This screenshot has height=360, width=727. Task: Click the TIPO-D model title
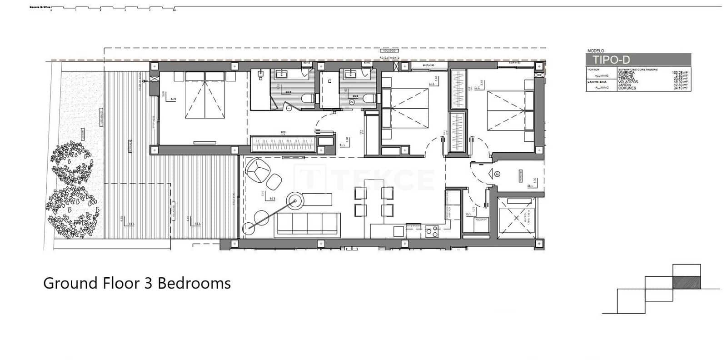pyautogui.click(x=611, y=60)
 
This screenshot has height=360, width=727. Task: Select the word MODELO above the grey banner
pyautogui.click(x=596, y=51)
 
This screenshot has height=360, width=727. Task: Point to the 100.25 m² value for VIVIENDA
pyautogui.click(x=680, y=72)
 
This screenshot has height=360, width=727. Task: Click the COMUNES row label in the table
pyautogui.click(x=627, y=88)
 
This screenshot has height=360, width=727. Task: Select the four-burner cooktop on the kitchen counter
pyautogui.click(x=431, y=232)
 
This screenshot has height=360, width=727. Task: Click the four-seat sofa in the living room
pyautogui.click(x=307, y=224)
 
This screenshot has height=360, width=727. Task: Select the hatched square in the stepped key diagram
pyautogui.click(x=686, y=282)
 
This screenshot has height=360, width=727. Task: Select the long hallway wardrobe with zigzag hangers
pyautogui.click(x=284, y=145)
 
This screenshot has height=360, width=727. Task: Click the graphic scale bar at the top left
pyautogui.click(x=114, y=9)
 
